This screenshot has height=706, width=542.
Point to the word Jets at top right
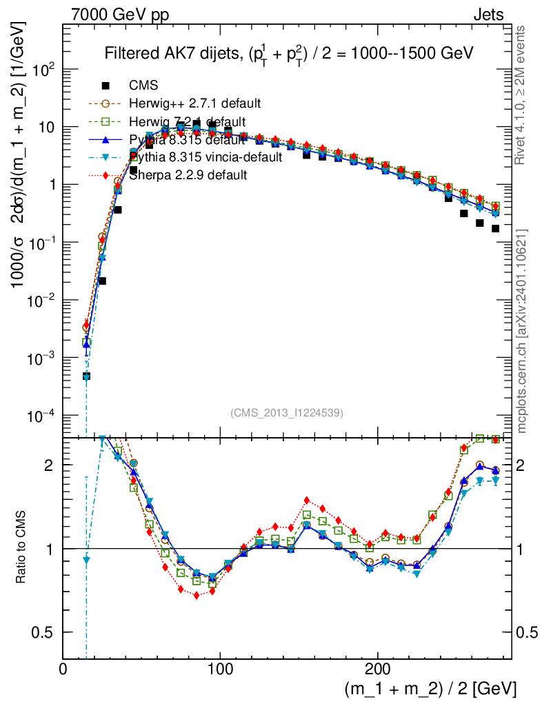tap(488, 14)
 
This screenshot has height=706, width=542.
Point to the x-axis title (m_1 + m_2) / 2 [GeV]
tap(430, 689)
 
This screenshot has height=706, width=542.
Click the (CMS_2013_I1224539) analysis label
tap(287, 413)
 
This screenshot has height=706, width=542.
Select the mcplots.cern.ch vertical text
tap(521, 331)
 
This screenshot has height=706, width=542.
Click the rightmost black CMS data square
tap(495, 228)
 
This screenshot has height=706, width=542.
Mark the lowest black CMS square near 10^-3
tap(86, 376)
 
